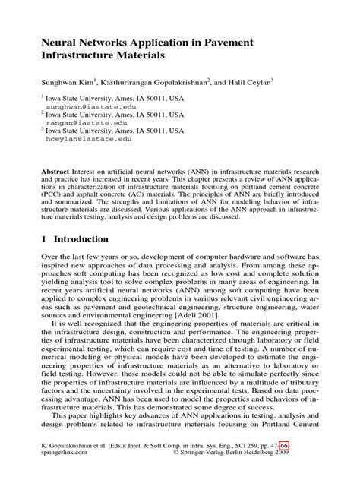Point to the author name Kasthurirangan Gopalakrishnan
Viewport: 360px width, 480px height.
coord(175,80)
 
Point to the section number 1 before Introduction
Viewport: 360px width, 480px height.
coord(44,239)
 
